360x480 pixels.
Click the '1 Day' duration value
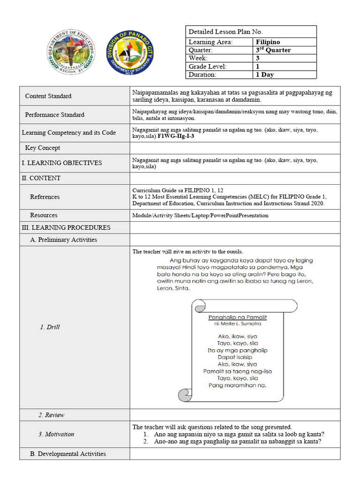[x=265, y=75]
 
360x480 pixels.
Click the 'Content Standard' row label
[x=48, y=96]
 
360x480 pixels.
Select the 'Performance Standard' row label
[x=55, y=115]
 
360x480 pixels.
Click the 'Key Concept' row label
[x=43, y=148]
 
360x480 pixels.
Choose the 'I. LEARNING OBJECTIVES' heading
[x=62, y=163]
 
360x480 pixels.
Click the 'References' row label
[x=45, y=197]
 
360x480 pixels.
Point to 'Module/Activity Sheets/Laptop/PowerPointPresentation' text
[x=201, y=216]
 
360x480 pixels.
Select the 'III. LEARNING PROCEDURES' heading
[x=66, y=228]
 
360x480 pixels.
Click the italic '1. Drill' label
[x=50, y=327]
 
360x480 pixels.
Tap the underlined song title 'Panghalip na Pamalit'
[x=237, y=317]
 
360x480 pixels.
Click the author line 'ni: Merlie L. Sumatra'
[x=237, y=323]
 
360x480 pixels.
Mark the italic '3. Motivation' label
[x=56, y=435]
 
